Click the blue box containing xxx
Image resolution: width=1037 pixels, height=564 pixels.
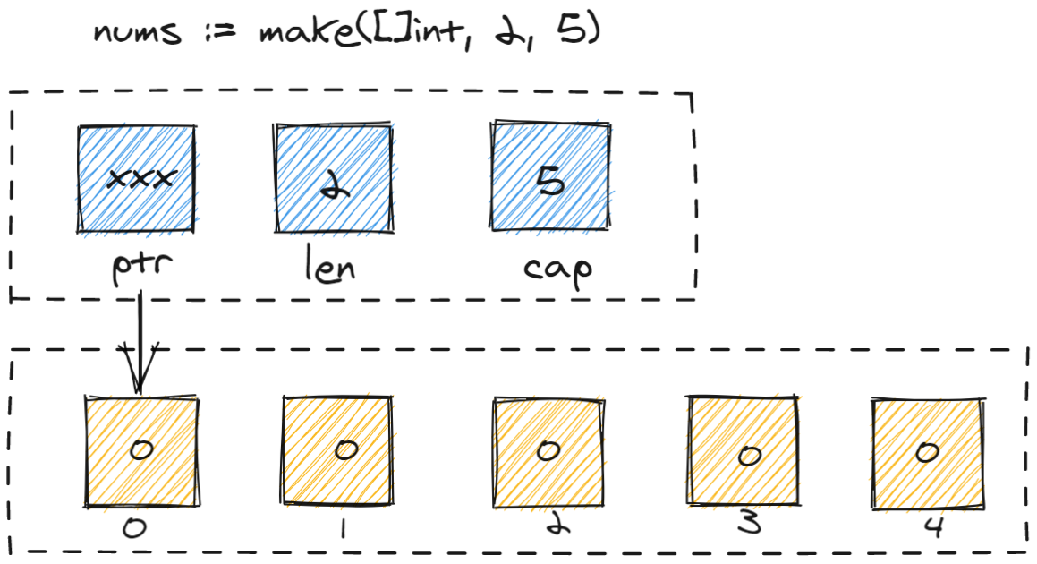(x=137, y=178)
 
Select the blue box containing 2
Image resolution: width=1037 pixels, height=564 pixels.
(x=332, y=178)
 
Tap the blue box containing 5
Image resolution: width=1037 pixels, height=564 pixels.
(x=551, y=178)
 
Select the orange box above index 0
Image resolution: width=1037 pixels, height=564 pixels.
(x=140, y=449)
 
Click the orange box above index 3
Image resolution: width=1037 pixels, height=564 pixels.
(x=745, y=453)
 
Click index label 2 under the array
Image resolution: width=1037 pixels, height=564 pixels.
(x=553, y=526)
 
